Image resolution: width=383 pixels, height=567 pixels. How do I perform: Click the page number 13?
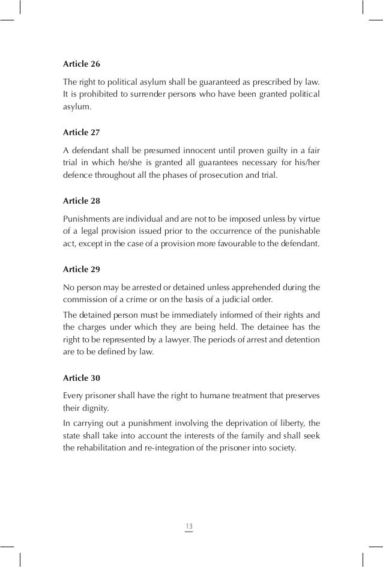tap(189, 527)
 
